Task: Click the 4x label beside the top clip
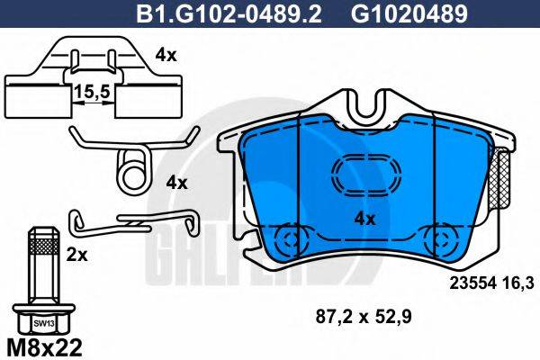coord(166,54)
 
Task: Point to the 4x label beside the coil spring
coord(176,183)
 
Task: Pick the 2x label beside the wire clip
coord(78,255)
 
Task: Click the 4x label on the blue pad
coord(364,218)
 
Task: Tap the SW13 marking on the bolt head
coord(40,320)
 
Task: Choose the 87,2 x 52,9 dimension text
coord(360,316)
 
